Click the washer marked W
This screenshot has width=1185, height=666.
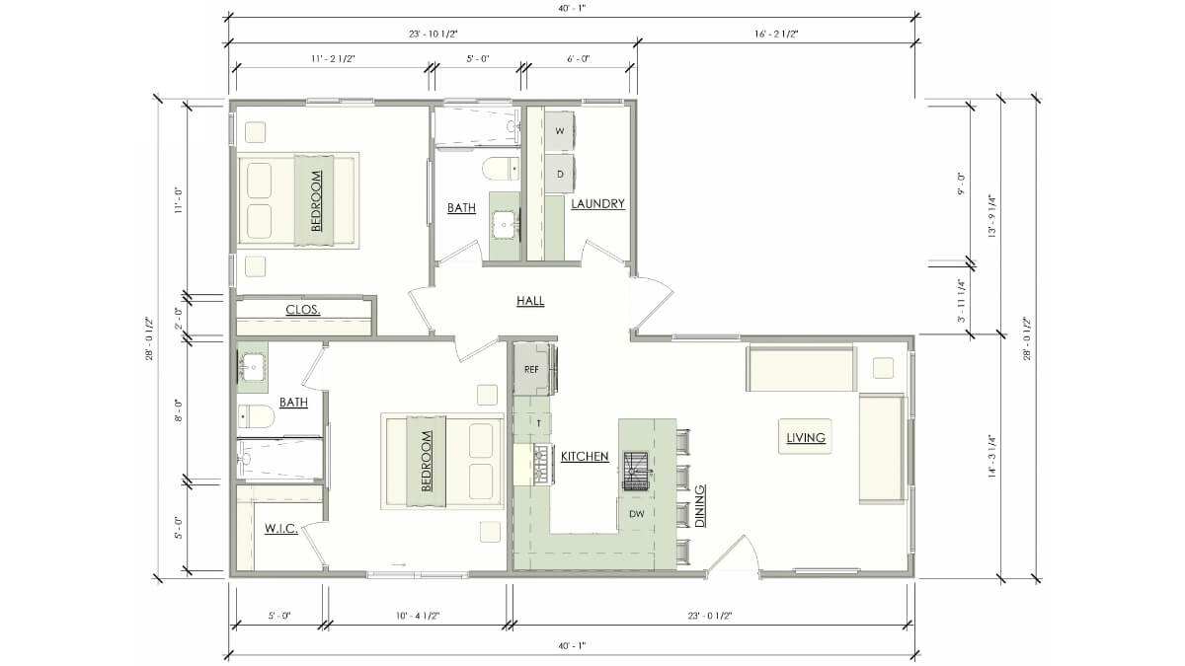click(560, 131)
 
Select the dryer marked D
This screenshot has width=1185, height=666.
click(560, 174)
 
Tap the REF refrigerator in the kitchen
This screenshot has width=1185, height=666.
click(533, 369)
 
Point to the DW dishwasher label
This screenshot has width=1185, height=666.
click(637, 513)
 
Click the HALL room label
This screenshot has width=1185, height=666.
click(530, 301)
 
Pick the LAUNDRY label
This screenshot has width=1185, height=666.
click(597, 203)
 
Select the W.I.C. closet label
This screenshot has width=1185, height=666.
click(280, 528)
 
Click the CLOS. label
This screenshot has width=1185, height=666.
click(302, 310)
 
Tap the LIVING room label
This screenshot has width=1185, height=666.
click(806, 438)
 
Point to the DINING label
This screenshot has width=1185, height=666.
click(700, 506)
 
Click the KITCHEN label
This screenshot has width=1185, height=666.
click(585, 456)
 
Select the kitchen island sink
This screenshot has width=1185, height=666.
click(636, 471)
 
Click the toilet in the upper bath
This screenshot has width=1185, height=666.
click(501, 169)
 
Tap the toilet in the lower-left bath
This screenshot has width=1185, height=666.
click(256, 416)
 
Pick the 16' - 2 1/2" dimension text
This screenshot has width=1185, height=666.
click(776, 35)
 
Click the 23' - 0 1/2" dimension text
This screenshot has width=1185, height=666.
click(709, 616)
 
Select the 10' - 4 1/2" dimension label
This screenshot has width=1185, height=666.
click(418, 616)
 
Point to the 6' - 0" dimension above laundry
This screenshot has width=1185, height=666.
click(579, 59)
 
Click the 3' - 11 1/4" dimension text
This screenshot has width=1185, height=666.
click(961, 301)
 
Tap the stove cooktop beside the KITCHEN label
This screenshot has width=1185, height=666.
click(543, 465)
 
